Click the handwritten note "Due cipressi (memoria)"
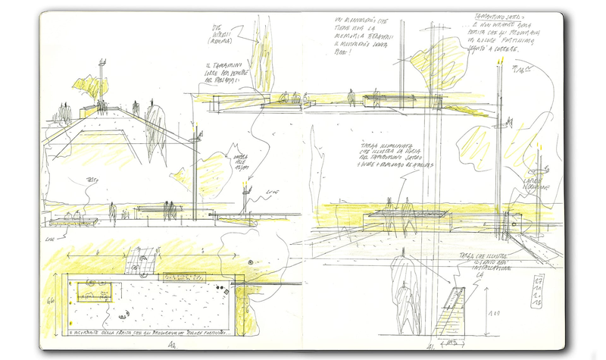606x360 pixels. (x=221, y=34)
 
